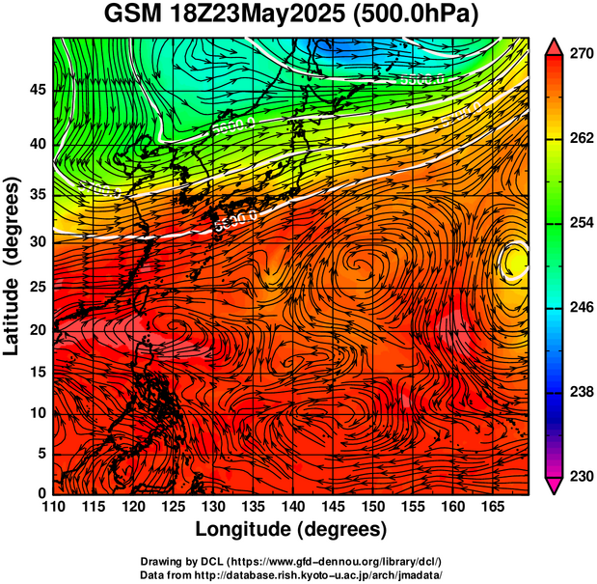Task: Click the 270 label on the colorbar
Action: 581,55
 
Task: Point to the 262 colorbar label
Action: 581,139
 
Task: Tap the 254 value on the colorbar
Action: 581,223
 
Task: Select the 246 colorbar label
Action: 581,308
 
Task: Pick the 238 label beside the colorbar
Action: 581,392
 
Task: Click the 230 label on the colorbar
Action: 581,476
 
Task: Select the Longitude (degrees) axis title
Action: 291,529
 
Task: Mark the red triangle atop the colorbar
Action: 555,44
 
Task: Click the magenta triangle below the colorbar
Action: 555,486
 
